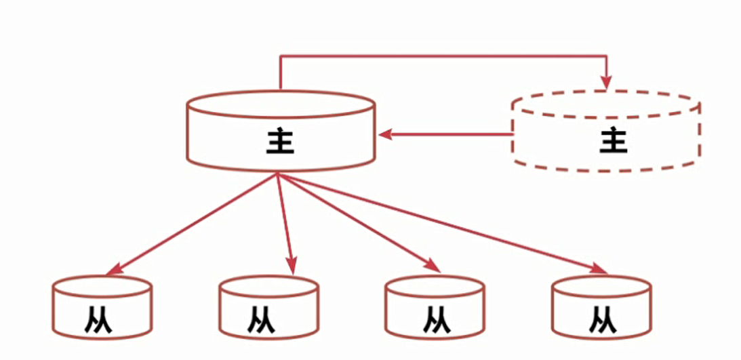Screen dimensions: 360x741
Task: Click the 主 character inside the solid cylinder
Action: tap(280, 140)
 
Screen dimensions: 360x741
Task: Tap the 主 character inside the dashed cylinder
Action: tap(613, 140)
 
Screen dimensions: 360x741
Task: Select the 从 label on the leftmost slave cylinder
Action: tap(100, 319)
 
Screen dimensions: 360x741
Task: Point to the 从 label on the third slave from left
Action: tap(433, 319)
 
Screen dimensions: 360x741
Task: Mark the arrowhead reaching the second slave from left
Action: tap(292, 267)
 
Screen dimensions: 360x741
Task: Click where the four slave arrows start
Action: tap(277, 174)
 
